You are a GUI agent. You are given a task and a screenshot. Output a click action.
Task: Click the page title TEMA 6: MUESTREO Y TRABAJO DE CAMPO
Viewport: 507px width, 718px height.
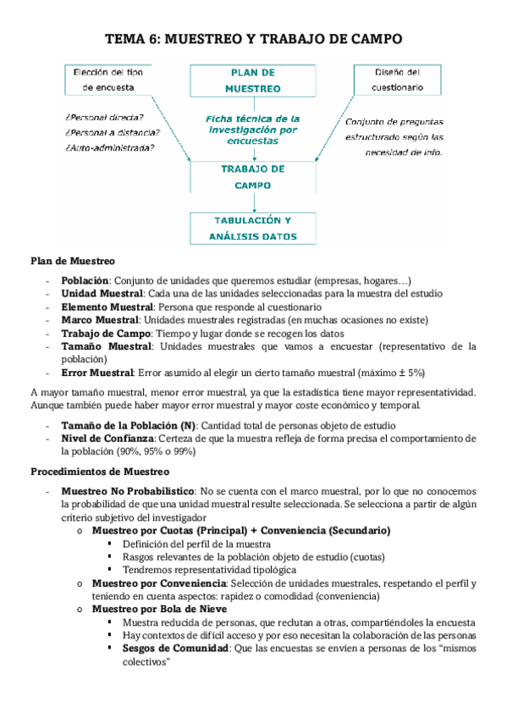tap(254, 39)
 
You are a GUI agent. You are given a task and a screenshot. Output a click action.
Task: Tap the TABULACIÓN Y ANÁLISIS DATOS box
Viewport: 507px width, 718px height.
tap(253, 228)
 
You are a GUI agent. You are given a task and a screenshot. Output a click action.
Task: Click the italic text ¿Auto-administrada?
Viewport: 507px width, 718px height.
tap(108, 148)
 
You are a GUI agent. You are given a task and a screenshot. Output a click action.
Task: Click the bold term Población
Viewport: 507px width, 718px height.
tap(85, 280)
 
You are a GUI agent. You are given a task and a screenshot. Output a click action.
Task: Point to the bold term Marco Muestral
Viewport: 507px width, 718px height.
tap(100, 319)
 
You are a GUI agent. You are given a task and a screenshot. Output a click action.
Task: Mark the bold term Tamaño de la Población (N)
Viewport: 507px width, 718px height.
tap(129, 425)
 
